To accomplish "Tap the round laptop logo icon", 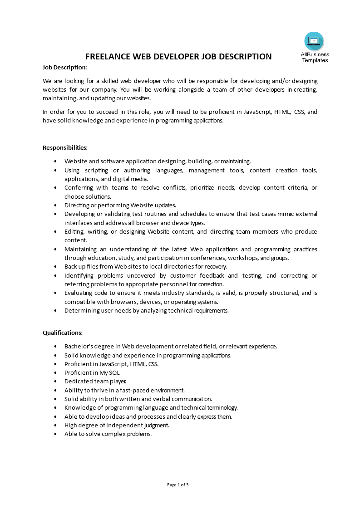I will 314,42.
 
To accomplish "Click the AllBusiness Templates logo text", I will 315,58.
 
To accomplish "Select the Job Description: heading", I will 64,67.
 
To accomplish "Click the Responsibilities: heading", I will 65,147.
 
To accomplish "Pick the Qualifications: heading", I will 63,333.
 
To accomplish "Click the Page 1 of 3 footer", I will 178,485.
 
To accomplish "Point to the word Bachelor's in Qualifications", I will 78,346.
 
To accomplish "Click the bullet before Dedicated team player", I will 55,382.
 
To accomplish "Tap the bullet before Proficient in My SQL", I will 55,373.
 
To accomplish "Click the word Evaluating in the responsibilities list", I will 79,293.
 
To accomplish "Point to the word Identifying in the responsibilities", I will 80,275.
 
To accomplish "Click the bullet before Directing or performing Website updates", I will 55,206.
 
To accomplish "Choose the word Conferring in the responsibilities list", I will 79,187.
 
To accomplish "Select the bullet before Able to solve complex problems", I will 55,434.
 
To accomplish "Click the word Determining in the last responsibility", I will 81,311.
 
